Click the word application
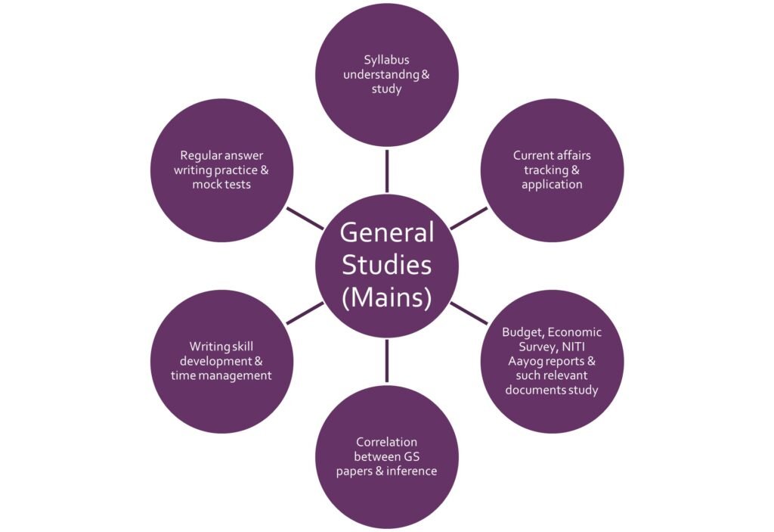pyautogui.click(x=552, y=185)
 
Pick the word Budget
pyautogui.click(x=522, y=331)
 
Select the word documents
pyautogui.click(x=534, y=390)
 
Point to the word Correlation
pyautogui.click(x=386, y=441)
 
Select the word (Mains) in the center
pyautogui.click(x=387, y=296)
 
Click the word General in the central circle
pyautogui.click(x=387, y=232)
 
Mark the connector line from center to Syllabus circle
pyautogui.click(x=387, y=170)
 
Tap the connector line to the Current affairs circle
pyautogui.click(x=469, y=218)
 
